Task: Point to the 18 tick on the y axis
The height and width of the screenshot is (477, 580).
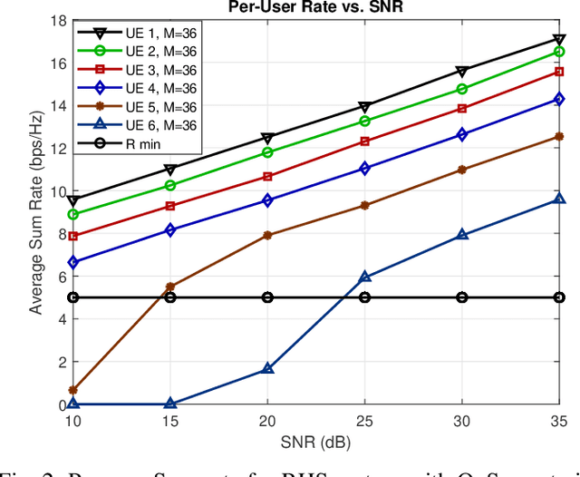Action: point(57,20)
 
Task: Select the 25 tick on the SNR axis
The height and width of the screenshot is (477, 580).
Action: point(364,422)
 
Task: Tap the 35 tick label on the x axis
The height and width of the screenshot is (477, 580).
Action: point(558,422)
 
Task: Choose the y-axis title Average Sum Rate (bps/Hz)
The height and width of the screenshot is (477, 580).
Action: point(35,212)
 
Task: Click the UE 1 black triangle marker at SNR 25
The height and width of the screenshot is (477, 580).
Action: point(364,107)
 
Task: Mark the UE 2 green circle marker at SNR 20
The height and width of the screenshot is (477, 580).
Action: point(267,152)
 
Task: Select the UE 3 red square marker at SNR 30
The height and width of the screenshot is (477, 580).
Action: point(462,108)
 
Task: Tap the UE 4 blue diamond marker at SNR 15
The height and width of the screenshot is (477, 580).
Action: point(169,230)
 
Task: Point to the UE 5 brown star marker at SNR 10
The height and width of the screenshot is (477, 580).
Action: point(72,390)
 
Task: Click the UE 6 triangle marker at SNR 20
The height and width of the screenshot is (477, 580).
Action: point(267,369)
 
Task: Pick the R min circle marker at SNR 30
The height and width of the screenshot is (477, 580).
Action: point(462,297)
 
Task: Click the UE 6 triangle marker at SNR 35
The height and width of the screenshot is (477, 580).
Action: point(559,199)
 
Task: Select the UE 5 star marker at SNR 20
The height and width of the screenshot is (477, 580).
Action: point(267,235)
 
